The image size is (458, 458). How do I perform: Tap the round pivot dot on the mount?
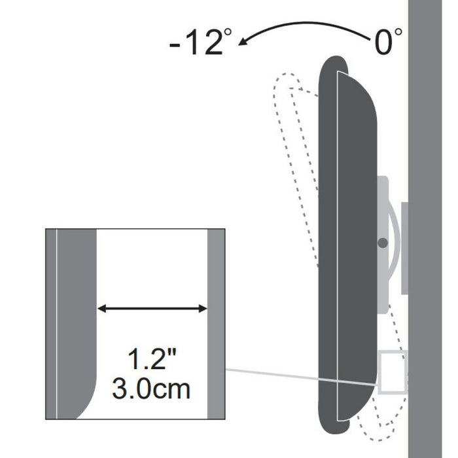point(383,243)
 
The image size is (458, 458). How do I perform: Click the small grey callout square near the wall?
point(393,373)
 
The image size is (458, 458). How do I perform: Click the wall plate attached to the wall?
point(404,248)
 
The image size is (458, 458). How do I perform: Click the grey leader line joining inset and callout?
point(301,376)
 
